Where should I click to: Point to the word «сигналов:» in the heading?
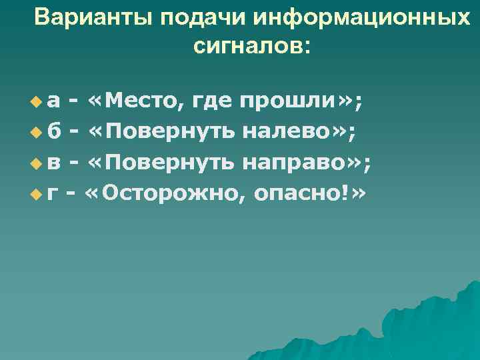coord(251,47)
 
